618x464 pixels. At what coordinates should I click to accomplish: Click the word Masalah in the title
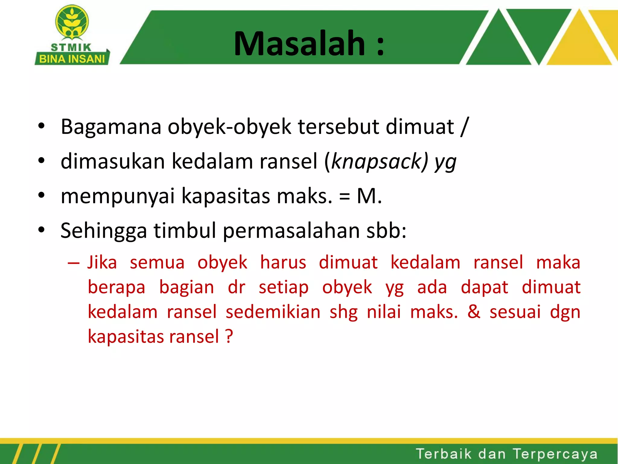(x=299, y=44)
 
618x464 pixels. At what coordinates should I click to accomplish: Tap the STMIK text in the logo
(x=71, y=47)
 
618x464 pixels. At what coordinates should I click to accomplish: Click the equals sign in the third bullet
(x=344, y=197)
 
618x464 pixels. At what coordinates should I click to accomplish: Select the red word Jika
(x=102, y=262)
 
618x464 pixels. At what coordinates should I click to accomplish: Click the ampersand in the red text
(x=474, y=312)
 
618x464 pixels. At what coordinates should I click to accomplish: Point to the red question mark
(x=229, y=336)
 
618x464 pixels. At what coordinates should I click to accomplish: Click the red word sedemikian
(x=273, y=312)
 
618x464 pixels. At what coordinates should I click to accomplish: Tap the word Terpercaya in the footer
(x=555, y=454)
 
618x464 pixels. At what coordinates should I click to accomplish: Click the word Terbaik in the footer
(x=444, y=454)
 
